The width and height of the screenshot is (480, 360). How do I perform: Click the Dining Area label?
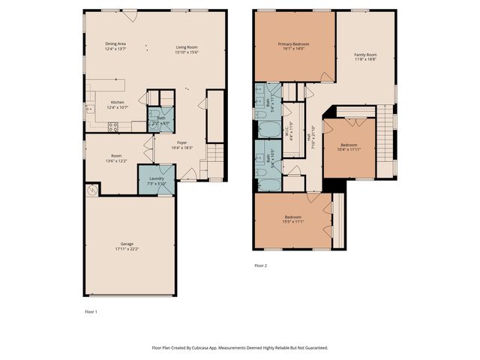(x=115, y=44)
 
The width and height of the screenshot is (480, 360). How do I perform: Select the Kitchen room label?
(x=118, y=102)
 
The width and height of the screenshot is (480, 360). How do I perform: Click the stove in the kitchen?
(x=112, y=127)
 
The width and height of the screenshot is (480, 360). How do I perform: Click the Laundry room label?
(x=156, y=178)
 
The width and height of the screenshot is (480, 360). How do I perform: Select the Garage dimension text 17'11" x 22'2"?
(x=128, y=249)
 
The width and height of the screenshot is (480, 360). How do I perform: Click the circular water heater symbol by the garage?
(x=91, y=190)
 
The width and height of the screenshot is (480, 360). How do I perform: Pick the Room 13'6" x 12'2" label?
(x=117, y=156)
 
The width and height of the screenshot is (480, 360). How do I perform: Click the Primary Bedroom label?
(x=293, y=43)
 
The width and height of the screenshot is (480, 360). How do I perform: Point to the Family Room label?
(x=365, y=54)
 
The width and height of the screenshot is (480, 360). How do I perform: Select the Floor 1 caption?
(x=90, y=311)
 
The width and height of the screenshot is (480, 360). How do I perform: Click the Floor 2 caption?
(x=260, y=265)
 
